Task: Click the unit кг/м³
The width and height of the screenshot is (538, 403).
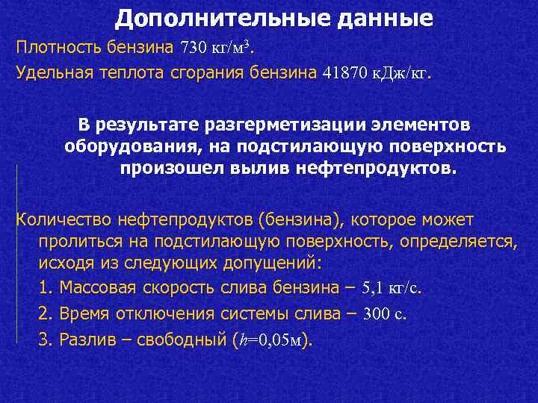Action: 232,49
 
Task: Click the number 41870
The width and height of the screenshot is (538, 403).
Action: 345,73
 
